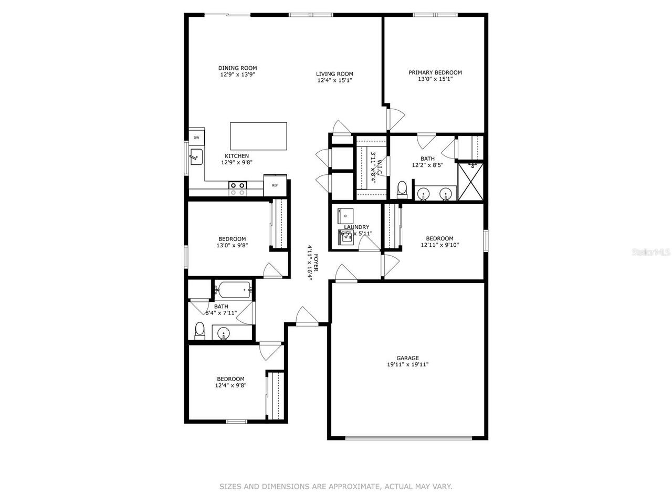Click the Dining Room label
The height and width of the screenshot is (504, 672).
pos(237,68)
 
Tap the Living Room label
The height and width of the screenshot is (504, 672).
pos(334,74)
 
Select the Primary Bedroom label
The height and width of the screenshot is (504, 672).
pos(435,72)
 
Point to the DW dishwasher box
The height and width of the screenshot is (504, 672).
pos(197,138)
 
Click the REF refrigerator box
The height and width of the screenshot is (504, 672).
pos(275,185)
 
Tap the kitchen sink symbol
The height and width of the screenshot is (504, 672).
pos(196,156)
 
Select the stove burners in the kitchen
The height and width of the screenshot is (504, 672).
pos(238,188)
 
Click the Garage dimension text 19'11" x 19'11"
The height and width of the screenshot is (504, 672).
pos(408,364)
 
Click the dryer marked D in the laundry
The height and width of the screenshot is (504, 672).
pos(346,216)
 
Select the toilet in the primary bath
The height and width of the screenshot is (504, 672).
pos(403,190)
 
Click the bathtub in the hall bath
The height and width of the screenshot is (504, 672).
pos(234,288)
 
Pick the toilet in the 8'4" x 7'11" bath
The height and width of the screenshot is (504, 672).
pos(199,331)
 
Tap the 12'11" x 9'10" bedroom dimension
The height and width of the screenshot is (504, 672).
pos(439,245)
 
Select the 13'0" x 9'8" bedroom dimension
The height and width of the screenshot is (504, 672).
pos(231,245)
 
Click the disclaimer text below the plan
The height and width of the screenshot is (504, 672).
pos(335,487)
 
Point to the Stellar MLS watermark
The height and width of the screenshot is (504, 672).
pos(650,252)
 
